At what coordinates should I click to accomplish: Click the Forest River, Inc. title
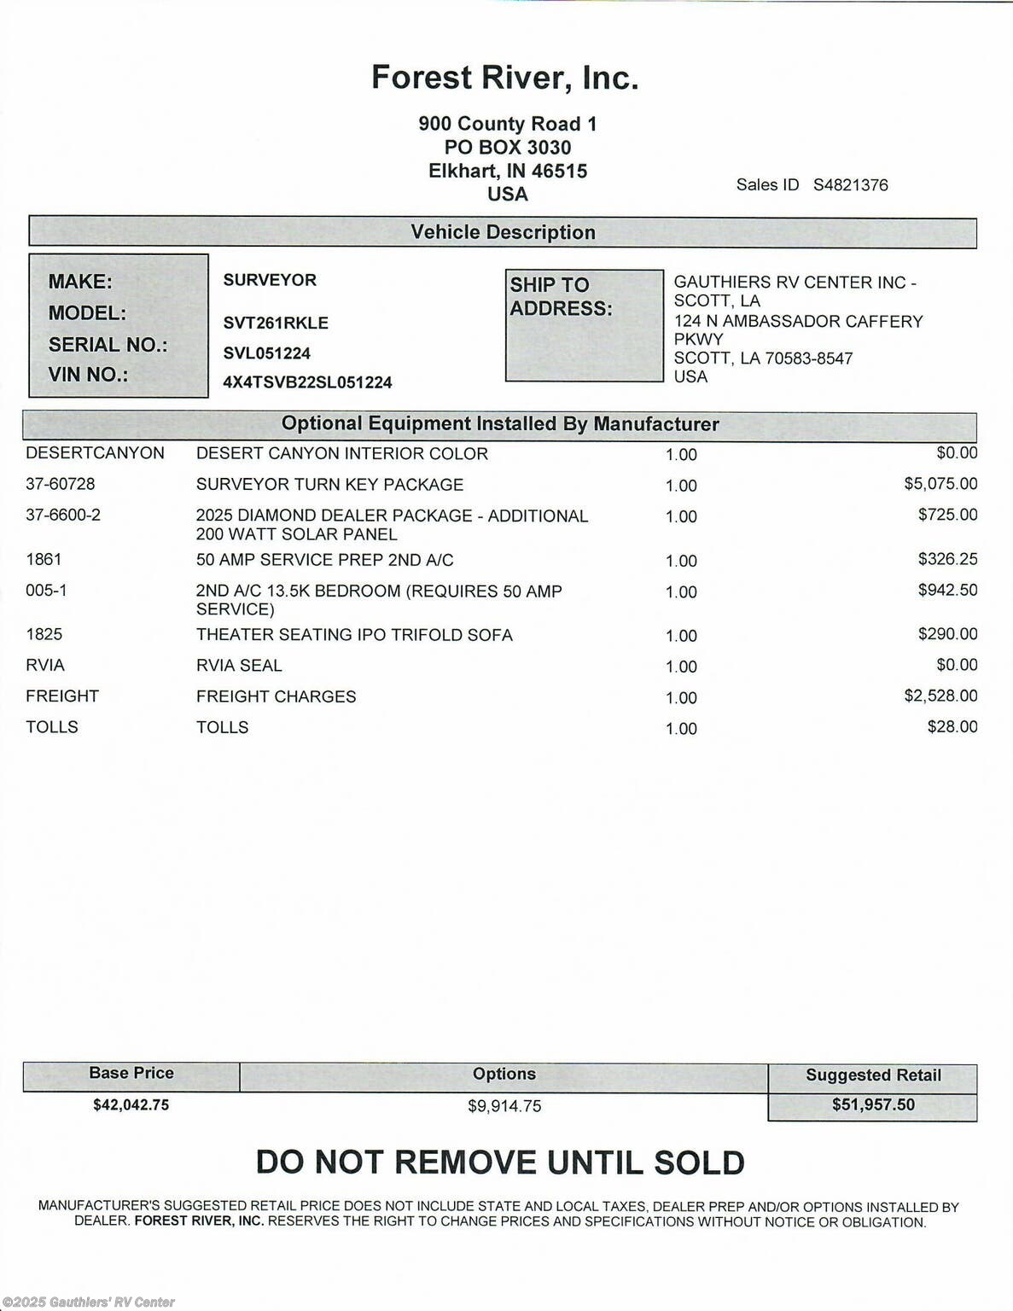[504, 78]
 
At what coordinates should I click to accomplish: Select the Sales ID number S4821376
[850, 185]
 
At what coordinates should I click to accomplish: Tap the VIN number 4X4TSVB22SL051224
[307, 382]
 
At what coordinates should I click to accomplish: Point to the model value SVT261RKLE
[276, 323]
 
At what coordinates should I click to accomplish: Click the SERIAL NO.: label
[108, 345]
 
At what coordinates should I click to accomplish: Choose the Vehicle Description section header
[503, 232]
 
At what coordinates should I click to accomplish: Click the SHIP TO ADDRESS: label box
[584, 325]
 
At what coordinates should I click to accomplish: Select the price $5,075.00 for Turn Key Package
[940, 484]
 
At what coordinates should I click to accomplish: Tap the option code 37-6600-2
[63, 515]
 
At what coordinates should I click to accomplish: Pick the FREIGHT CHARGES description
[276, 696]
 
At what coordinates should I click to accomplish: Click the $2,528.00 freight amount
[940, 696]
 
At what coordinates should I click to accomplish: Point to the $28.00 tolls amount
[952, 726]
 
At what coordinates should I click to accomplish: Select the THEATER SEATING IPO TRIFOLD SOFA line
[354, 635]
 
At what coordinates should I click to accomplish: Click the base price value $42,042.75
[131, 1104]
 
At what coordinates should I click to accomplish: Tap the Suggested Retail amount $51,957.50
[873, 1104]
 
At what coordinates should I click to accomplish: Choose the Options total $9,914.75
[504, 1106]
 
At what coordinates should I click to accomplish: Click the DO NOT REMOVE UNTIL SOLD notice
[500, 1162]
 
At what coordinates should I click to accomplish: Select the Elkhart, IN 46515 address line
[508, 171]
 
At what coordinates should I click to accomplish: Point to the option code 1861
[44, 559]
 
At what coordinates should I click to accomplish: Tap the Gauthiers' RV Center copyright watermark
[89, 1302]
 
